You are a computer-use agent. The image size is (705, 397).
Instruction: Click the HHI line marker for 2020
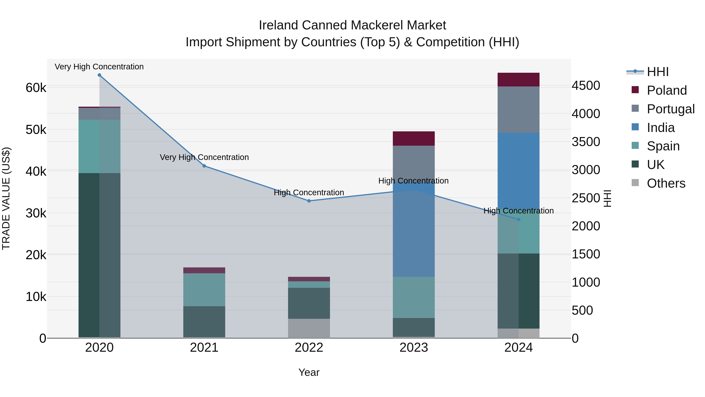99,75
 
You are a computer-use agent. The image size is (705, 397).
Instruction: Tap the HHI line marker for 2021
204,166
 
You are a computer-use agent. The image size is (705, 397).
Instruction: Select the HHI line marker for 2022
309,201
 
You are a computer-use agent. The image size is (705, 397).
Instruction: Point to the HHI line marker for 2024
518,219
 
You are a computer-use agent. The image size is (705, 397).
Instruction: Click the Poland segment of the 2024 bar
518,80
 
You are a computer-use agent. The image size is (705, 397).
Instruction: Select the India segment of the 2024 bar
518,170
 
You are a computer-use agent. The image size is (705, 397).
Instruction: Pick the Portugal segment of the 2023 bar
414,162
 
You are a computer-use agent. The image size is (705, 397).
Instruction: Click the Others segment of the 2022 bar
309,328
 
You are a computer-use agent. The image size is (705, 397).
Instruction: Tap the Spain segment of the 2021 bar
204,290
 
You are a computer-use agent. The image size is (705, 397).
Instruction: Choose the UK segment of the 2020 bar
99,255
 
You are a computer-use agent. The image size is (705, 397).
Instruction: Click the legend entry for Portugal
670,109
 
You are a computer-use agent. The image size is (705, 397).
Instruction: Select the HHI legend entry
657,72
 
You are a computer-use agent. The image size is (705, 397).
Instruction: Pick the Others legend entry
666,183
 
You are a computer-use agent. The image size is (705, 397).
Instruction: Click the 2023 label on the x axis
414,348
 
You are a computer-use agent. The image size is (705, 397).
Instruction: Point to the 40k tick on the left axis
36,172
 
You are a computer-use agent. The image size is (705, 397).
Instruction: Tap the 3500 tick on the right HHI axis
586,142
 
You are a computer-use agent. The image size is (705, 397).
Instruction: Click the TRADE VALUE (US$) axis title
6,198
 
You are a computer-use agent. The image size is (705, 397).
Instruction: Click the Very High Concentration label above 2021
204,157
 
